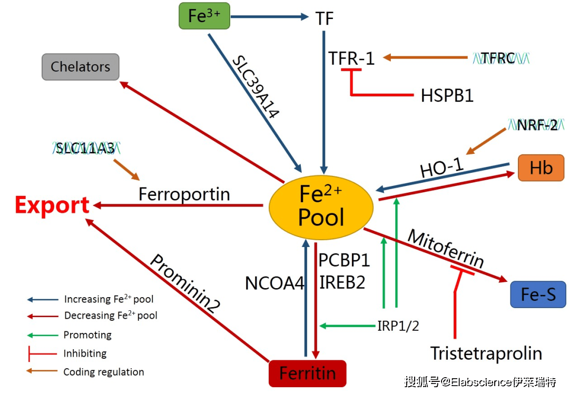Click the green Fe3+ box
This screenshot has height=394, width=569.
click(x=204, y=16)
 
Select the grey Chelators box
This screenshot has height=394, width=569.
click(x=81, y=67)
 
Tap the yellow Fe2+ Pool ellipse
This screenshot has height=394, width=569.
click(x=321, y=207)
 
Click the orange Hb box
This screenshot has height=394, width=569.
click(x=541, y=168)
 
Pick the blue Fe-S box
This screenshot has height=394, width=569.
click(x=538, y=294)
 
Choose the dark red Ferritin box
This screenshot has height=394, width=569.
click(x=307, y=373)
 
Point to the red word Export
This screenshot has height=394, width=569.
click(x=52, y=205)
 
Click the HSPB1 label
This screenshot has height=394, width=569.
click(x=447, y=96)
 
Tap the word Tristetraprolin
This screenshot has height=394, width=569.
click(x=486, y=353)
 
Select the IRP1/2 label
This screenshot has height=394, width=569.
click(x=398, y=326)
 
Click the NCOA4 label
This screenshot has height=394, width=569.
click(x=274, y=283)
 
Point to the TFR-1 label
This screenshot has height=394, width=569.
click(x=351, y=58)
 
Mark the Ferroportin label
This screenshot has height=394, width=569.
click(x=184, y=194)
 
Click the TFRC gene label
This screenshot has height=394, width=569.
click(x=501, y=58)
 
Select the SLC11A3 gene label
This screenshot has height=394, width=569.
click(x=86, y=148)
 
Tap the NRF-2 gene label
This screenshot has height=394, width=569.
click(x=536, y=125)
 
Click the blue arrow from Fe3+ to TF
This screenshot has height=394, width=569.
click(x=270, y=16)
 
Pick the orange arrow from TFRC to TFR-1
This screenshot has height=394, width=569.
click(x=425, y=57)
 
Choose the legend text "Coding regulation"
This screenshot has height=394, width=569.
click(x=104, y=372)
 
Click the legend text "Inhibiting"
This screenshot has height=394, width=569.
click(x=85, y=353)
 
